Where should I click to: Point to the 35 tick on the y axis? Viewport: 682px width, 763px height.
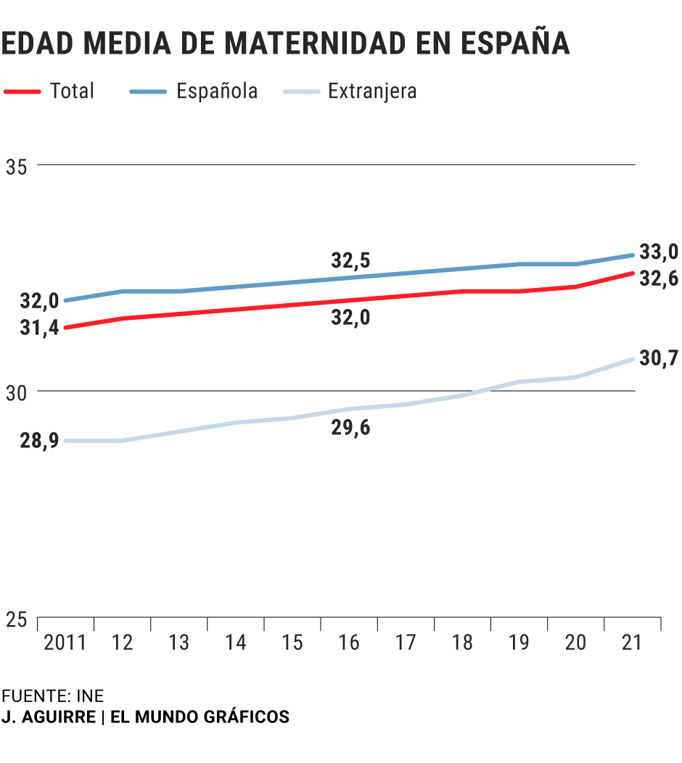17,166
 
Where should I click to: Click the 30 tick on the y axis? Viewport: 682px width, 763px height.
17,392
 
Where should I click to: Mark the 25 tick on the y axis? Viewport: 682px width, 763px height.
17,619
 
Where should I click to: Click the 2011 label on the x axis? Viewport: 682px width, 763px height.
65,643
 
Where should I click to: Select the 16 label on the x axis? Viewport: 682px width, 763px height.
348,643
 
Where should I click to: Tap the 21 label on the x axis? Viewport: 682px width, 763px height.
631,643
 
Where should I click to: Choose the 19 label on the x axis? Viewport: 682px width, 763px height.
518,643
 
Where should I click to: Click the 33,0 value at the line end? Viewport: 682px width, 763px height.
658,252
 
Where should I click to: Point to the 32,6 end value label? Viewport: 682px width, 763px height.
658,278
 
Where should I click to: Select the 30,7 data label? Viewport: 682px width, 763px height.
658,358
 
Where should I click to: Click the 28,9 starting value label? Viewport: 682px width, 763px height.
39,442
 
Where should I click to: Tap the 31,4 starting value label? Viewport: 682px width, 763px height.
39,328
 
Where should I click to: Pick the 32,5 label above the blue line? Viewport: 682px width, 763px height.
350,260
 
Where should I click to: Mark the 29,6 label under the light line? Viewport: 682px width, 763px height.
350,428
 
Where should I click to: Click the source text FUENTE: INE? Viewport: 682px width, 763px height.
52,696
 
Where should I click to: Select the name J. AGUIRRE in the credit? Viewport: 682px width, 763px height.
48,717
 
